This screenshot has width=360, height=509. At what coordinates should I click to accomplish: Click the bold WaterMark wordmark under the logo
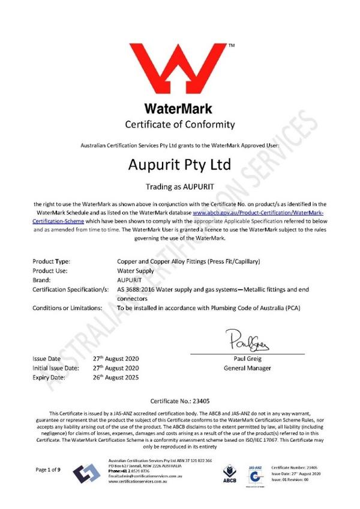coord(179,110)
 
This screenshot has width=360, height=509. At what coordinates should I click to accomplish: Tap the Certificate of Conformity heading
coord(179,125)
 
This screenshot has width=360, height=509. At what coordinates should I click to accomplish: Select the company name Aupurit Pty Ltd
coord(179,164)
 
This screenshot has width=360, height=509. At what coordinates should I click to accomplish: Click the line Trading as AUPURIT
coord(179,186)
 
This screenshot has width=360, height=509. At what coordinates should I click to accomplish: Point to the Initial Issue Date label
coord(56,368)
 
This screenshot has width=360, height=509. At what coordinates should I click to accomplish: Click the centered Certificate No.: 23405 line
coord(179,400)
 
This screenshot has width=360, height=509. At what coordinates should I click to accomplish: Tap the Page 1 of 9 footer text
coord(49,469)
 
